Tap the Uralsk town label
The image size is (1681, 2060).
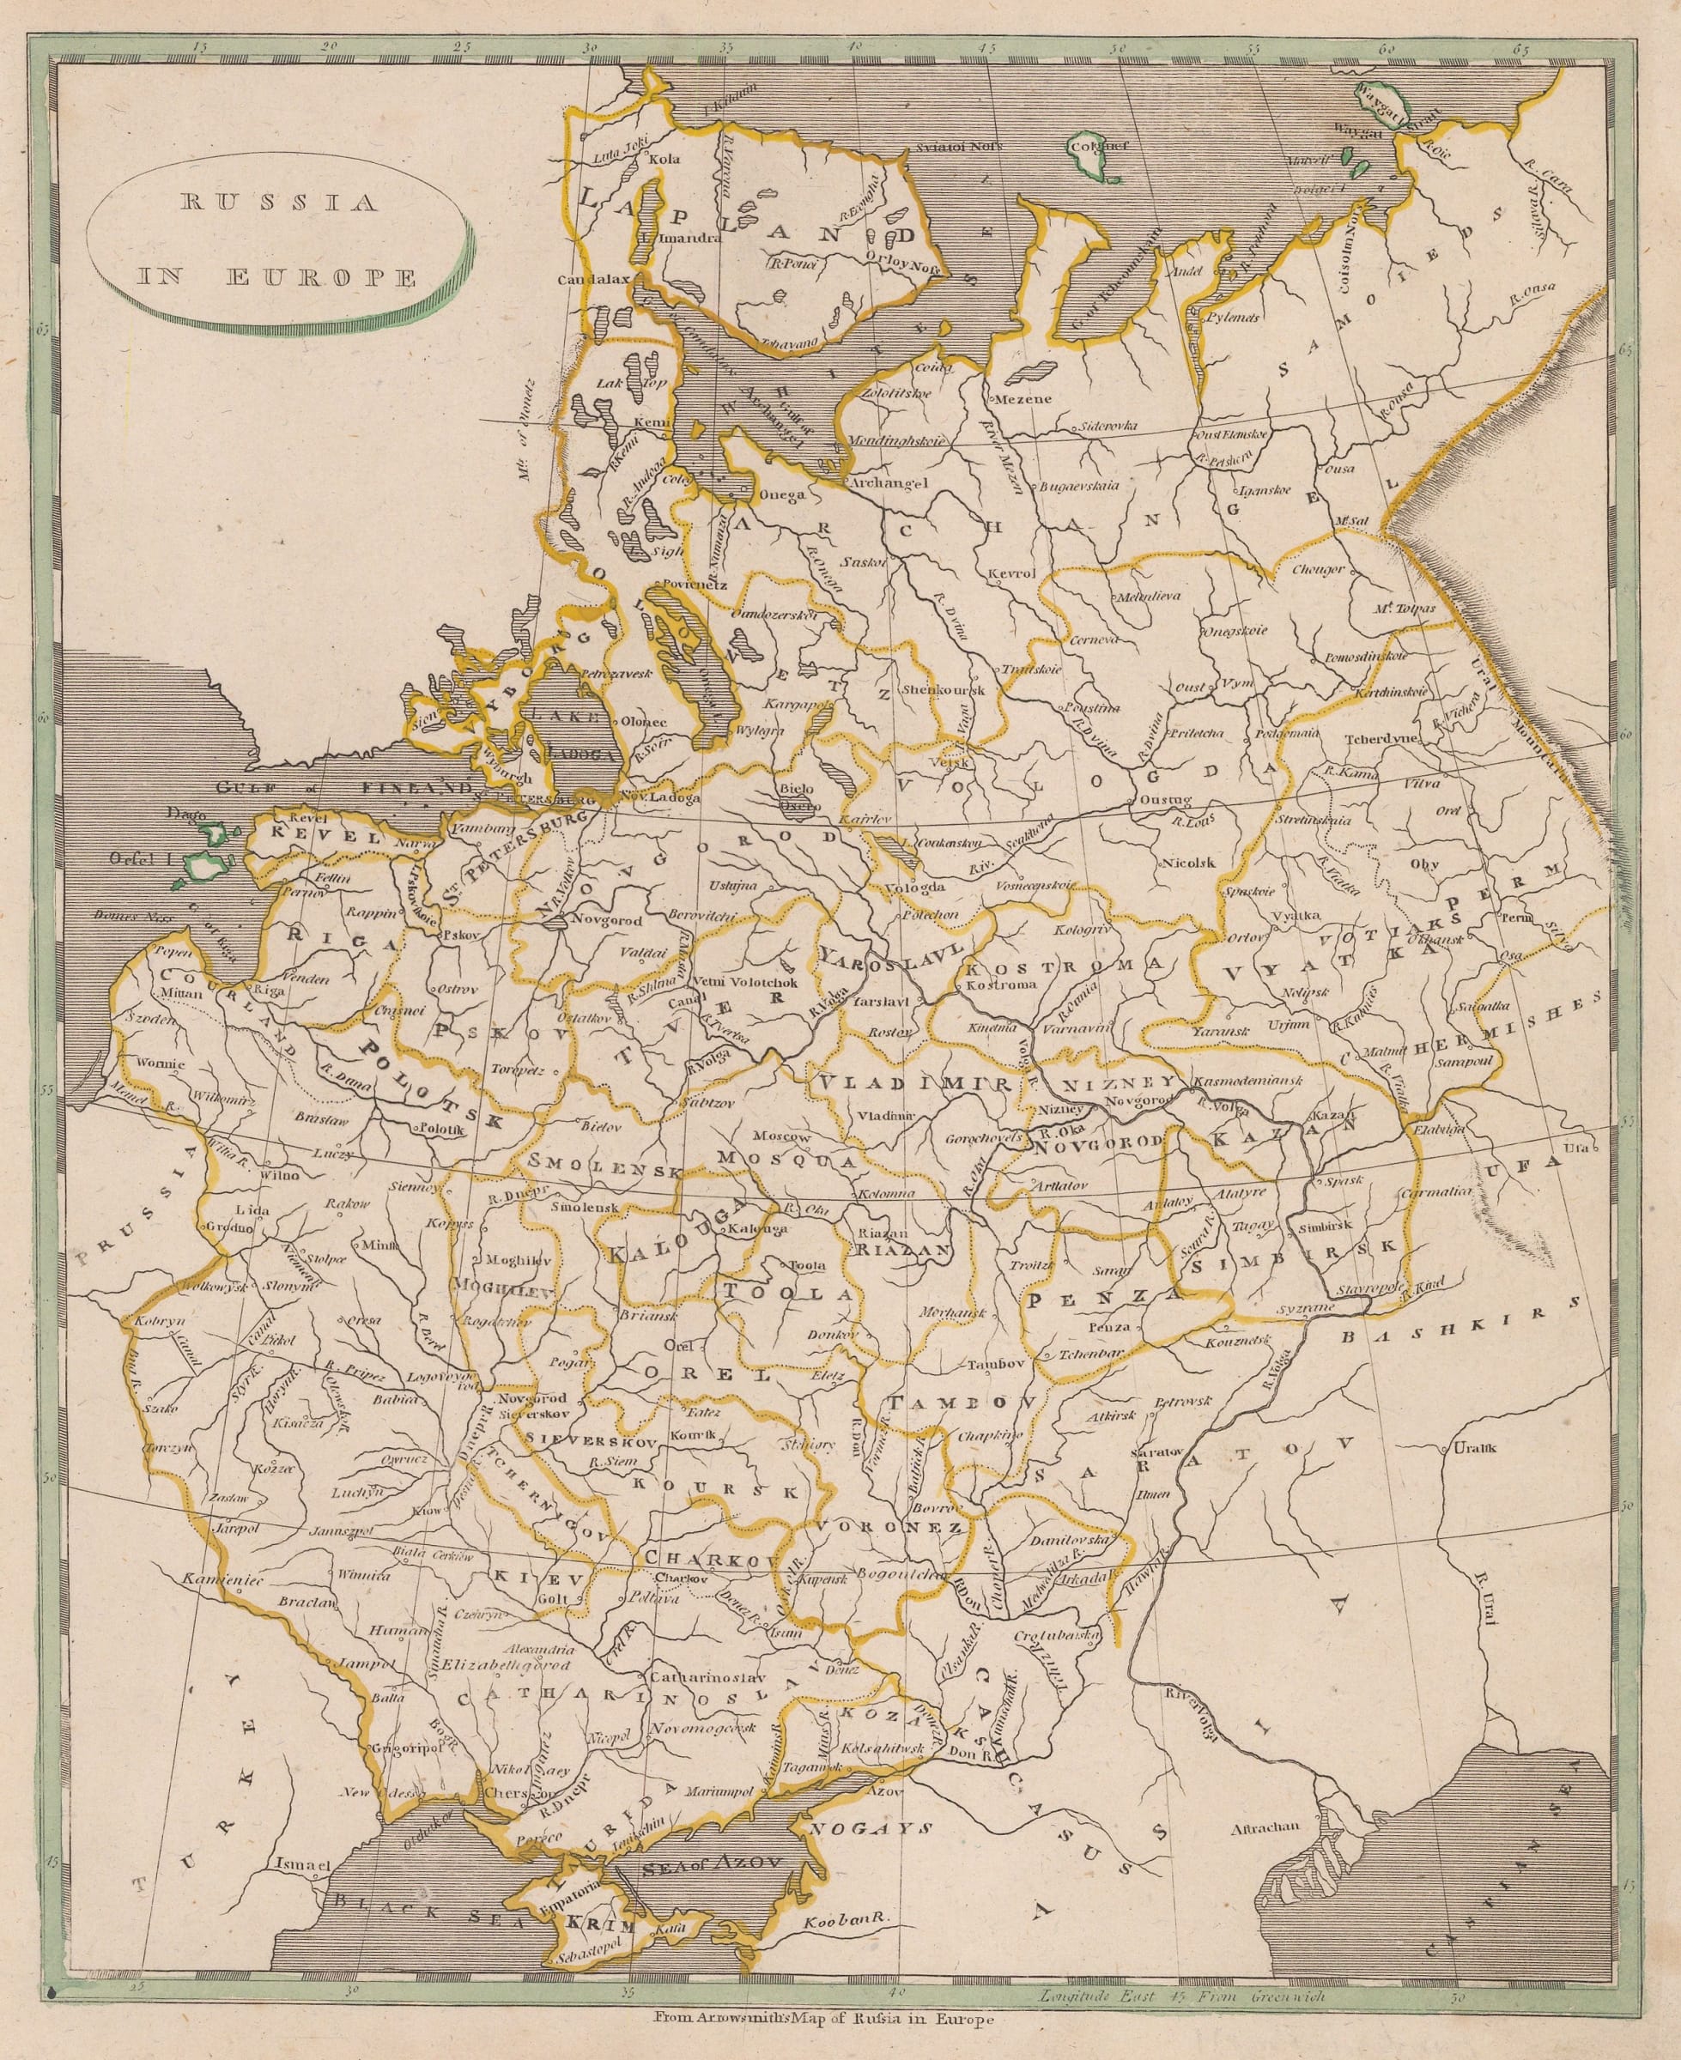tap(1476, 1449)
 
